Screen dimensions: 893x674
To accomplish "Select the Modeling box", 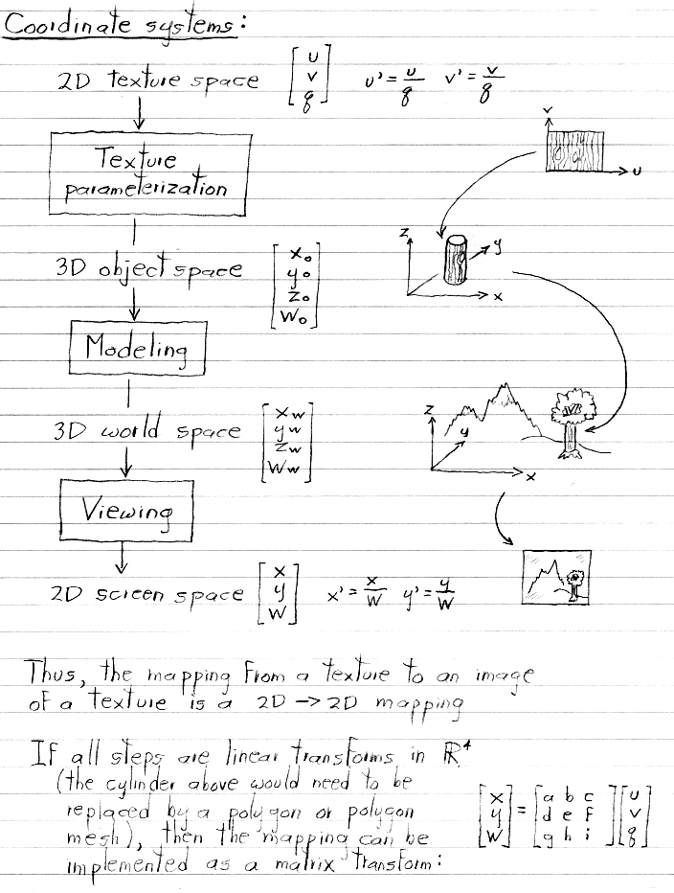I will [138, 347].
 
